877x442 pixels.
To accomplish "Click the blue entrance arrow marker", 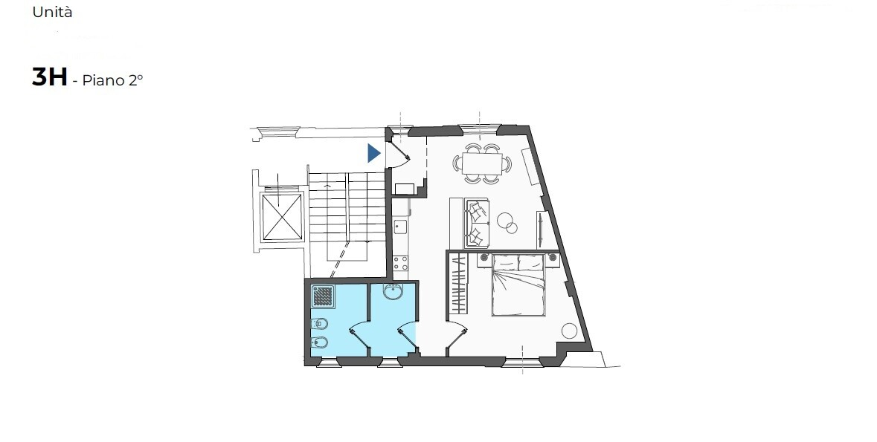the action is [373, 153].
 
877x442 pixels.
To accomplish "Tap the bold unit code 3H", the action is [50, 77].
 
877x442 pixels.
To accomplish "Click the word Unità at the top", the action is [53, 12].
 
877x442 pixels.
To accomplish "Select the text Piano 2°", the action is [112, 80].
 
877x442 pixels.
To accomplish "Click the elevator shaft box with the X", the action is [283, 216].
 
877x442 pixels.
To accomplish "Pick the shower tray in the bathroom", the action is [323, 296].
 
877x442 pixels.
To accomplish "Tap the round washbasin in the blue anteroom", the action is [393, 291].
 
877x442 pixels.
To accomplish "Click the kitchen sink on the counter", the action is [400, 227].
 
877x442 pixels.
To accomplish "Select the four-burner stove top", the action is [400, 263].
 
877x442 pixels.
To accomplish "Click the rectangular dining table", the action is [481, 163].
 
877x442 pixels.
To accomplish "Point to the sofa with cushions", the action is [477, 224].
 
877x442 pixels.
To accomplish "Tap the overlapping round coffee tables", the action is [508, 222].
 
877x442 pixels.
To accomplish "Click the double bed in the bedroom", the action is [518, 285].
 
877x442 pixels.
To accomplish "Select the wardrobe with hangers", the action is [459, 284].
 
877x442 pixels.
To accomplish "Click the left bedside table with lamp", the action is [484, 258].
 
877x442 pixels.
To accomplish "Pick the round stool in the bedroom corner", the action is [569, 331].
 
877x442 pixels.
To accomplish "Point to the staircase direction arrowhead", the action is [327, 184].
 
